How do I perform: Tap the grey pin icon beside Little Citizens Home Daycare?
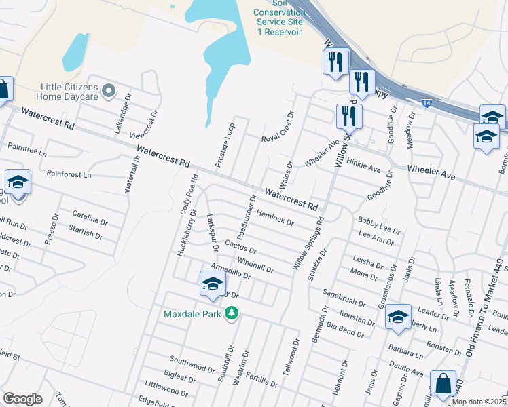coord(108,90)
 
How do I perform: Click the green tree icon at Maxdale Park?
coord(232,313)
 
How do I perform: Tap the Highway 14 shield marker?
coord(426,102)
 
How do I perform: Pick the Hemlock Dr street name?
coord(274,217)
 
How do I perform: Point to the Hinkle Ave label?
coord(363,163)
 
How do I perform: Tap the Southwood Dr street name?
coord(192,363)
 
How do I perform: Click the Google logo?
coord(22,399)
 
